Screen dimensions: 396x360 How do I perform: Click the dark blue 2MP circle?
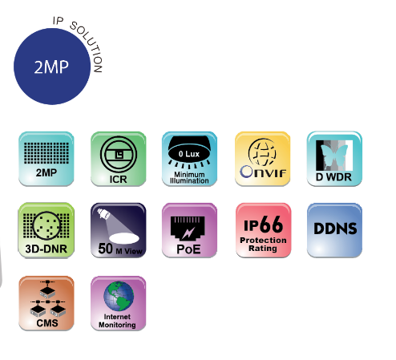52,67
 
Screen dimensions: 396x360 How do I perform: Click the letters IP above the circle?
58,21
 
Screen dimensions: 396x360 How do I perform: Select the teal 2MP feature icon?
46,159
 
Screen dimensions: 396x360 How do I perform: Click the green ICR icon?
119,159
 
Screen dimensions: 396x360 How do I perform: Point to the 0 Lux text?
189,154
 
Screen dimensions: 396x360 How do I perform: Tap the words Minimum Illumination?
189,178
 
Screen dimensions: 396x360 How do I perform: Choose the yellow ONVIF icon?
263,159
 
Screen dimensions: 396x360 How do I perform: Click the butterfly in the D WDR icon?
334,155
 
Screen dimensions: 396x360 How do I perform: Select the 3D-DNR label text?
46,249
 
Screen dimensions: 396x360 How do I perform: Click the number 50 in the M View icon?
106,249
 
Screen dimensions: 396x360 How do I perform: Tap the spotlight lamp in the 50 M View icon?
103,213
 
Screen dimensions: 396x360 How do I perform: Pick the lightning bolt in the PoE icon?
188,233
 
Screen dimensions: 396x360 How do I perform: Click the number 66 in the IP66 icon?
271,224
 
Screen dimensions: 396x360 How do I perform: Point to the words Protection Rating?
263,245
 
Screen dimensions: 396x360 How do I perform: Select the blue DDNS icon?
334,230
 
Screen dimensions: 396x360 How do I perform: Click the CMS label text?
47,323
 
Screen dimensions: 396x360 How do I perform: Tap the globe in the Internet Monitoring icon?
119,296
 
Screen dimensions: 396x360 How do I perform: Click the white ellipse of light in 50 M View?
124,238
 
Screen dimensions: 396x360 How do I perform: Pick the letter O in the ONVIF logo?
246,172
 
